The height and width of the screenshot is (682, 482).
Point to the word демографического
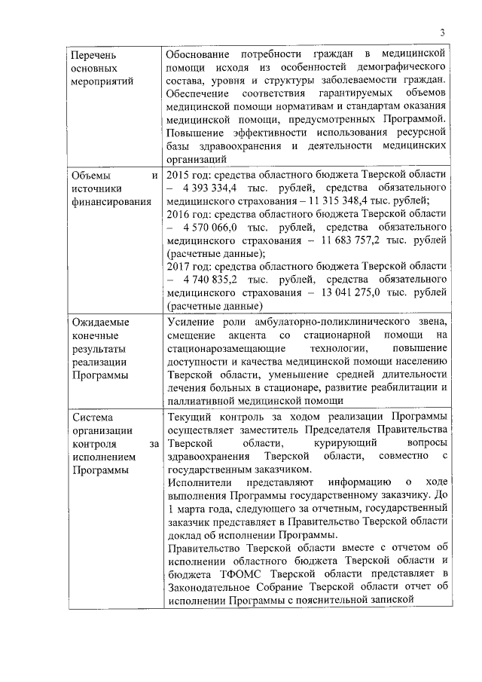[405, 68]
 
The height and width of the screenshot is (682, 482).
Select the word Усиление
[191, 323]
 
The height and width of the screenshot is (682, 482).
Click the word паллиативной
[199, 401]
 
